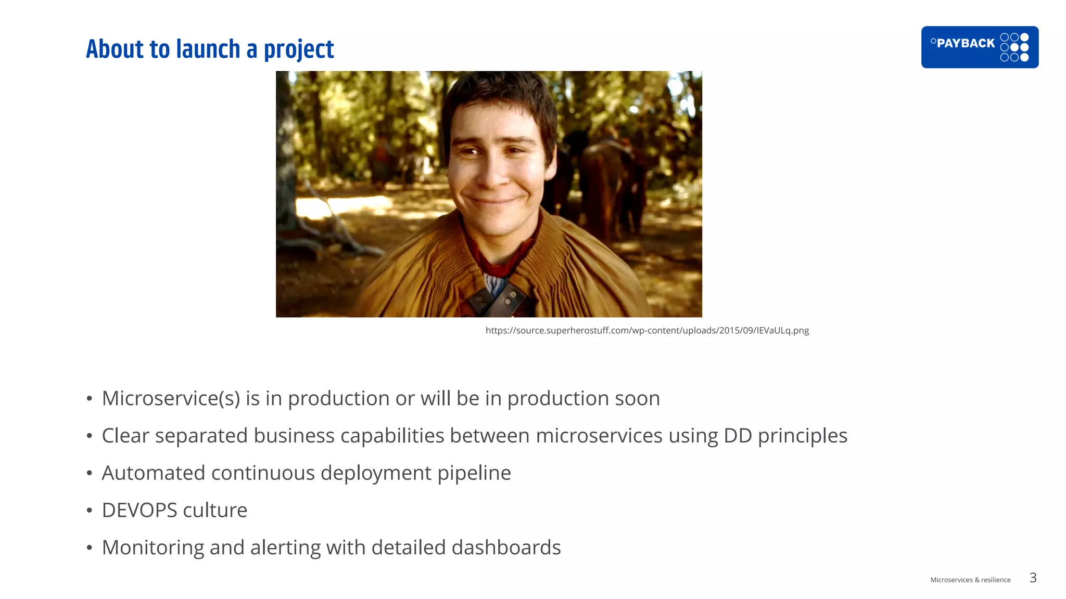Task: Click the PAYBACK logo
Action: coord(979,47)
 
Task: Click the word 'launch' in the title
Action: coord(208,49)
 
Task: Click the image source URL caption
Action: coord(647,330)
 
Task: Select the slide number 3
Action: coord(1033,578)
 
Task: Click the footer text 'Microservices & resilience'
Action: coord(970,580)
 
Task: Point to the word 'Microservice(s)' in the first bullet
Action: coord(171,399)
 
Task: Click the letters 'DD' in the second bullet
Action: coord(738,436)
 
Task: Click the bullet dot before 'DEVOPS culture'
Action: coord(90,511)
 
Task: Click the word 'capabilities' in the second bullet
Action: coord(391,436)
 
